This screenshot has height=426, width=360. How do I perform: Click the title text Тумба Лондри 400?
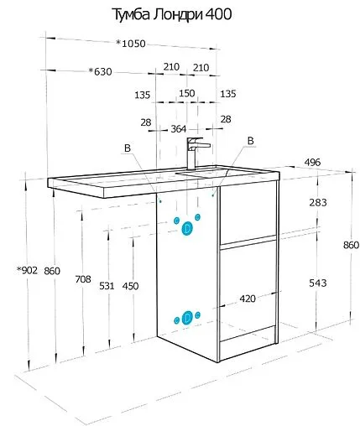(x=172, y=14)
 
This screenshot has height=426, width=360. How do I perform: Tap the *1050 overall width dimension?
(x=131, y=44)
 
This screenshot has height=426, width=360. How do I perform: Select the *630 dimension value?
(x=100, y=71)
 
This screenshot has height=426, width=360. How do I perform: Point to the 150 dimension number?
(x=187, y=93)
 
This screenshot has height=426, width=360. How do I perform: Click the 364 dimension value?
(x=179, y=129)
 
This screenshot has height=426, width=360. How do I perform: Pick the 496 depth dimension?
(x=312, y=162)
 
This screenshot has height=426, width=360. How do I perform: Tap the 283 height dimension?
(x=318, y=202)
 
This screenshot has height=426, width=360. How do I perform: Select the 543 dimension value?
(x=318, y=283)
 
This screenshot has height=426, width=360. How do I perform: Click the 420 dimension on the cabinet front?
(x=248, y=299)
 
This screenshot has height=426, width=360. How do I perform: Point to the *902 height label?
(x=27, y=270)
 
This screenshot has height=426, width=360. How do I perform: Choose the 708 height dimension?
(x=83, y=278)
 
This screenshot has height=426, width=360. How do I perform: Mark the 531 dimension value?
(x=107, y=286)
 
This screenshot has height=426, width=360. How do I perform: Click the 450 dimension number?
(x=130, y=286)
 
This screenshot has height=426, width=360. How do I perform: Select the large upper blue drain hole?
(x=187, y=228)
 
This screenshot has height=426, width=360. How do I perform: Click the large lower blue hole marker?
(x=186, y=318)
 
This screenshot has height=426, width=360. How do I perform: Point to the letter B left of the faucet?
(x=128, y=148)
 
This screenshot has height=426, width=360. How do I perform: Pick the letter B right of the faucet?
(x=251, y=141)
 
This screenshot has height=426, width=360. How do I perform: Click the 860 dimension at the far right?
(x=351, y=245)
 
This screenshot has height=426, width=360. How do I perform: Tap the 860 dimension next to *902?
(x=52, y=271)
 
